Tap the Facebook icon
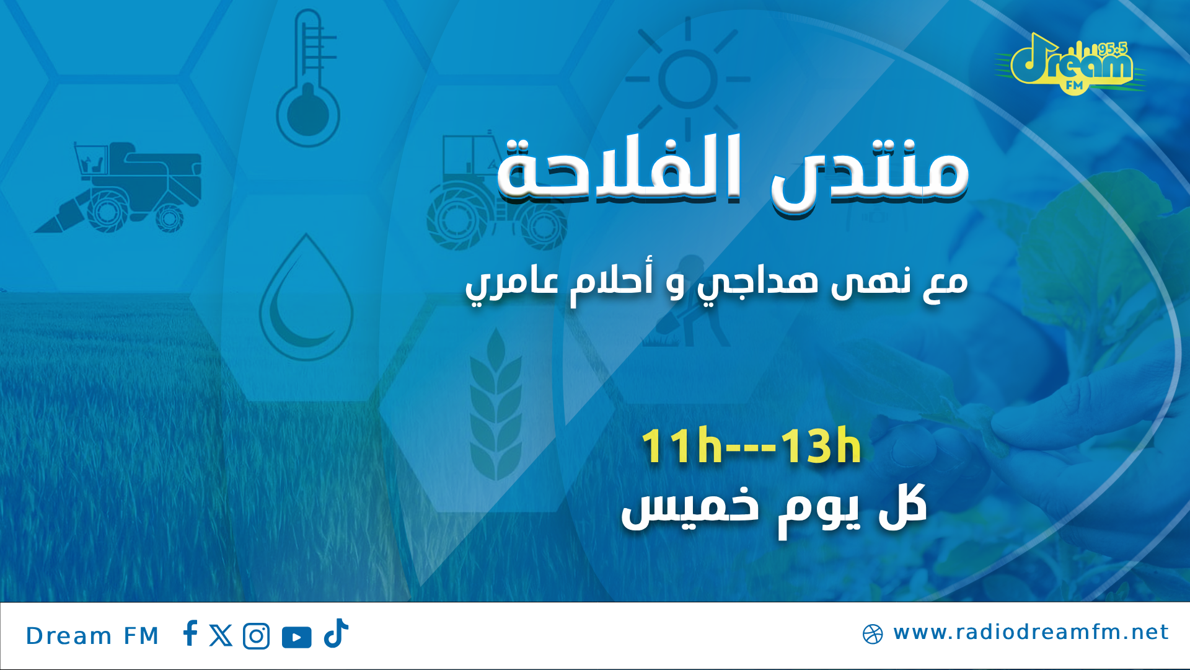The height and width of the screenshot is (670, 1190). [x=190, y=633]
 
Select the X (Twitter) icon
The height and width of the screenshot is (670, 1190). [x=221, y=636]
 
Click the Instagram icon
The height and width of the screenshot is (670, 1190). [x=257, y=636]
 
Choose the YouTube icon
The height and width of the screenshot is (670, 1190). [x=297, y=637]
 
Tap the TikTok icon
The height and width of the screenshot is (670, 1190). [x=337, y=633]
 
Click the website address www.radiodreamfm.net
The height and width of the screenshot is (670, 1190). [x=1031, y=632]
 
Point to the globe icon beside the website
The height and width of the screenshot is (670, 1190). [x=873, y=634]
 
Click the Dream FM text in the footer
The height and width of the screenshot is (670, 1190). [x=92, y=636]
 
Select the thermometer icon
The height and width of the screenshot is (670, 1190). [x=308, y=81]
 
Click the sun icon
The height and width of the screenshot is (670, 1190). [x=688, y=79]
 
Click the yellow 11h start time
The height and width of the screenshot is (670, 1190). [x=682, y=447]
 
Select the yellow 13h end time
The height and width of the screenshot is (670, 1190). [x=821, y=447]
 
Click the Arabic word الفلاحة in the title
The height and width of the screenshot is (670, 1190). [x=620, y=171]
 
